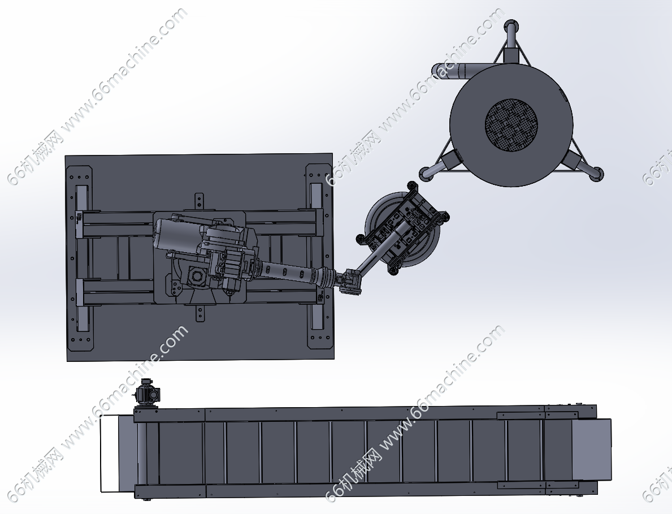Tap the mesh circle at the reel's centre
[x=511, y=125]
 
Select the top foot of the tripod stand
[x=510, y=27]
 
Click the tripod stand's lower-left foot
[x=427, y=172]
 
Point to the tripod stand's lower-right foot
[x=596, y=174]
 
